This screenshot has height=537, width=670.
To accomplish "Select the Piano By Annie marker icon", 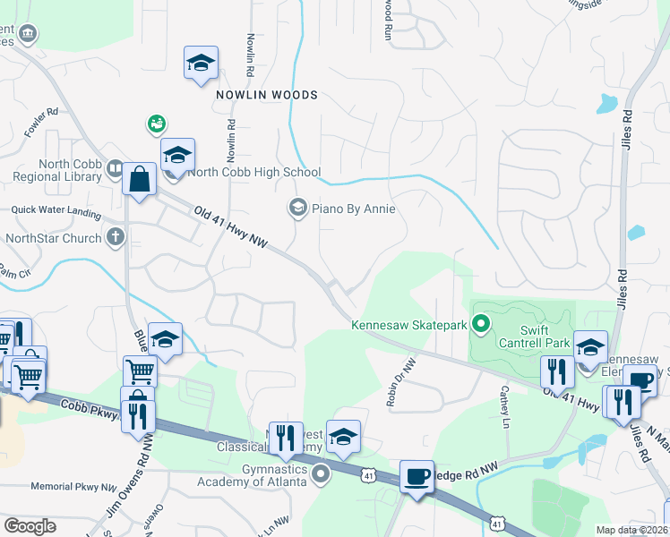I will [297, 209].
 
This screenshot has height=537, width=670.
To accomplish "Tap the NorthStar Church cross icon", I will [115, 238].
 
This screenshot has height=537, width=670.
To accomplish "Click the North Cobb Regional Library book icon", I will [114, 168].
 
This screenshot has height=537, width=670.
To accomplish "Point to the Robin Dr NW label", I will [402, 383].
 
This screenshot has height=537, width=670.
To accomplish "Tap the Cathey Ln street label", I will [506, 406].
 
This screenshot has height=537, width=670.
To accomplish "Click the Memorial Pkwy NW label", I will [73, 487].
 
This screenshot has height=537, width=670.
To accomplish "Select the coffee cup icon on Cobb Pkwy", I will [416, 475].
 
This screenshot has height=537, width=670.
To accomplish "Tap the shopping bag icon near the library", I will [140, 178].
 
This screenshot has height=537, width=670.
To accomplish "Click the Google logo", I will [30, 526].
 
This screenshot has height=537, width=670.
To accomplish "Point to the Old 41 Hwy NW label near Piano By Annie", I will [231, 226].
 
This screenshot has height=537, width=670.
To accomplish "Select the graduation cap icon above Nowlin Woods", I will [201, 63].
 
